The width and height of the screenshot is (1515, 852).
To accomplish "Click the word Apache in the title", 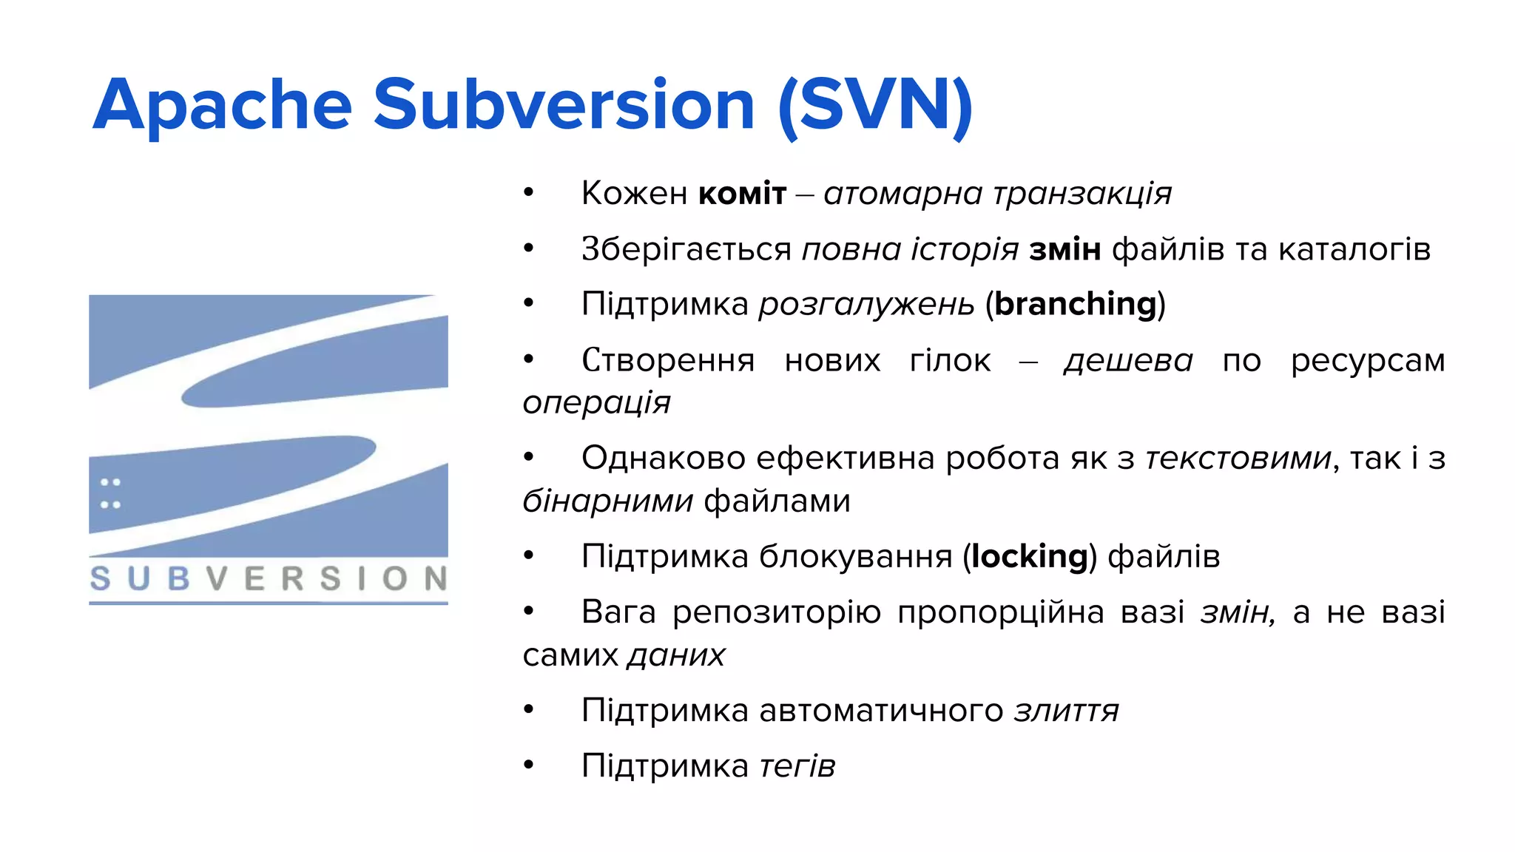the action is [222, 106].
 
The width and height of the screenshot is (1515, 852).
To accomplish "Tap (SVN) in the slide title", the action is [875, 106].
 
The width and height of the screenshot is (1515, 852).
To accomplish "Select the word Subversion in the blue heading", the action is [564, 106].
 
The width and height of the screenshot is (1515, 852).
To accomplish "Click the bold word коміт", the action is [742, 194].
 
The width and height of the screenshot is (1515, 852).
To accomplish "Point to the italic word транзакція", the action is [1082, 194].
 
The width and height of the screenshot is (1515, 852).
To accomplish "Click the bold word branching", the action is [1075, 304].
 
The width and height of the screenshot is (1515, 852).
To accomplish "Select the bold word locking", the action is [1030, 556].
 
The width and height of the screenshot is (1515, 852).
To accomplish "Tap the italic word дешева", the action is [1128, 361].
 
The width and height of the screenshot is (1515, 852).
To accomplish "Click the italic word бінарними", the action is [607, 501].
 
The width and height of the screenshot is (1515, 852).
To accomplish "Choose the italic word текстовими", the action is [1238, 459].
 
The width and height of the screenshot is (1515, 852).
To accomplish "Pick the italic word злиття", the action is [1066, 711].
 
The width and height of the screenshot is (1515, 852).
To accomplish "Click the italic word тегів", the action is [797, 766].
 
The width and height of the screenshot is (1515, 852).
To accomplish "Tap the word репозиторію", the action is [776, 612].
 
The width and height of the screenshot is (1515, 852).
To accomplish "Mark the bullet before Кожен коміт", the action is [528, 193].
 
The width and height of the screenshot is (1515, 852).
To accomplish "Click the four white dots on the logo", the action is [110, 493].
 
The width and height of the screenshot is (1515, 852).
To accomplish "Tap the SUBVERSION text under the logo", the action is [268, 578].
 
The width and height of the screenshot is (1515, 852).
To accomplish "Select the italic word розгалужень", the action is [866, 304].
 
